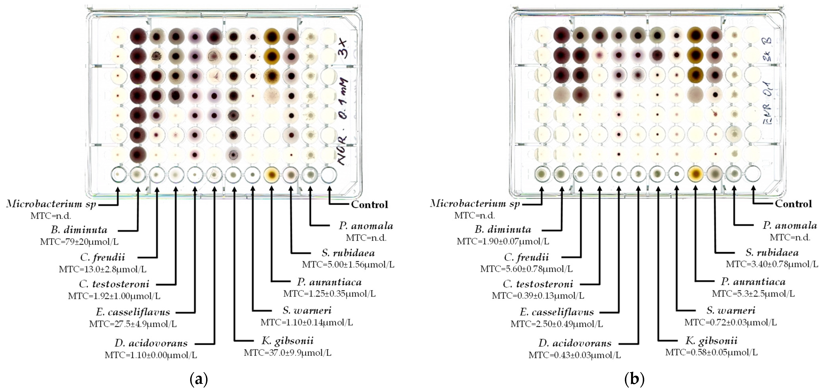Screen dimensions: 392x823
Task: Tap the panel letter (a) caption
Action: point(199,379)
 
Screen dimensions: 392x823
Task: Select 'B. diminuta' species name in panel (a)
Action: point(79,230)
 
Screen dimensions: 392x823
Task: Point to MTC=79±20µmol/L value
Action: point(79,242)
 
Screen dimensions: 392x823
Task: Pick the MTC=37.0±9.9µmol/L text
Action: point(288,353)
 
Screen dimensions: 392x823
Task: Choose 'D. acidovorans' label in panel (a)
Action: point(151,343)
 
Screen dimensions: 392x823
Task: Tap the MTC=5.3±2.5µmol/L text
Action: point(753,294)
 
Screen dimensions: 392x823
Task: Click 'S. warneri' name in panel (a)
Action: point(307,310)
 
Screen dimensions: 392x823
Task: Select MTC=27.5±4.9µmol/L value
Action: point(133,324)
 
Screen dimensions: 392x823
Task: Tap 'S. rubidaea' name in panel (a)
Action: point(348,253)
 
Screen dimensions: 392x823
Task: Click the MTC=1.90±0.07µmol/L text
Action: point(503,242)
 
